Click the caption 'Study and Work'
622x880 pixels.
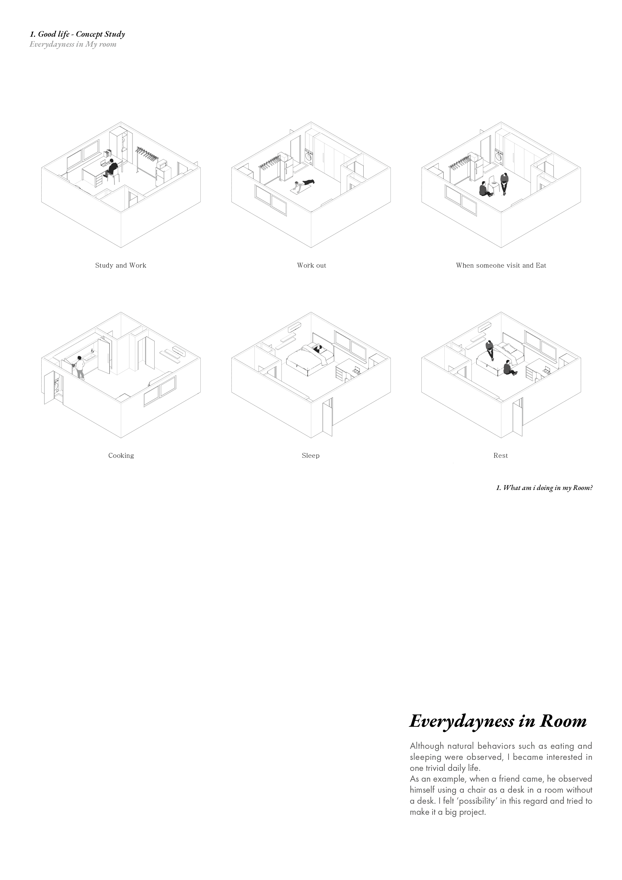point(121,265)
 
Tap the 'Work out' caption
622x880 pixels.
point(311,265)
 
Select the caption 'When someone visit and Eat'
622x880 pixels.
point(501,265)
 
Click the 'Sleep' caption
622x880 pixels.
point(310,455)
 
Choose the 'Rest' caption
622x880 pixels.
point(501,455)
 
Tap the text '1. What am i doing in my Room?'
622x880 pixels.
point(544,488)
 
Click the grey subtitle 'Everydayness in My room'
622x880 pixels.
point(73,44)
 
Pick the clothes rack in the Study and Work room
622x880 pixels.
point(147,158)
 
